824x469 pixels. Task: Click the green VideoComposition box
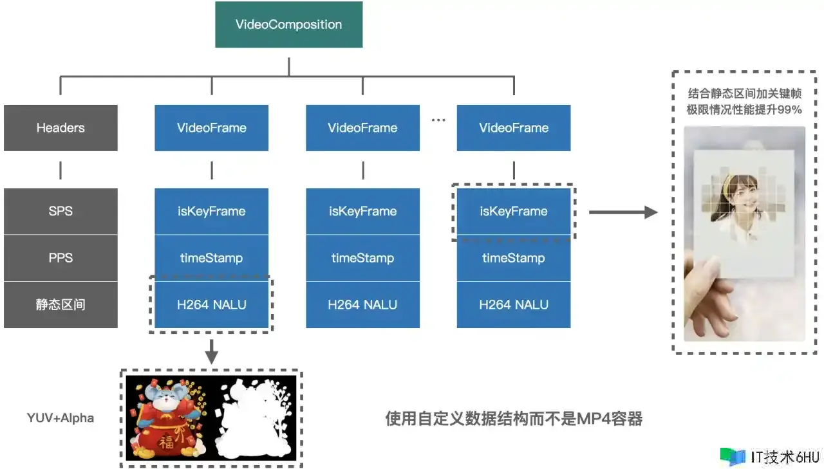tap(288, 25)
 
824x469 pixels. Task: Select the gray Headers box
tap(61, 127)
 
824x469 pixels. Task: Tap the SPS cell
tap(61, 211)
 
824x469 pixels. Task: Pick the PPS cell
tap(61, 258)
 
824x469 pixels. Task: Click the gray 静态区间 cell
tap(61, 304)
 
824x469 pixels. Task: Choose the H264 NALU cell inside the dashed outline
tap(211, 304)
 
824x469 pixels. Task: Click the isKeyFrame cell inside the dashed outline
tap(513, 211)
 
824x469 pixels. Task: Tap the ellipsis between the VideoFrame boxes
tap(438, 121)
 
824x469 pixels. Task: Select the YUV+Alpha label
tap(61, 418)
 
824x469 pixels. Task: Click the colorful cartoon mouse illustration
tap(169, 418)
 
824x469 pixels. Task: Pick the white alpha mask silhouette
tap(254, 418)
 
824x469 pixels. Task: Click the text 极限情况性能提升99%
tap(744, 110)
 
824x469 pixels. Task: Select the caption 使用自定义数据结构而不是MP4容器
tap(513, 419)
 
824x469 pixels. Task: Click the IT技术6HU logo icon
tap(733, 456)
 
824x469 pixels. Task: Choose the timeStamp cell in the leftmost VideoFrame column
tap(211, 258)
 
